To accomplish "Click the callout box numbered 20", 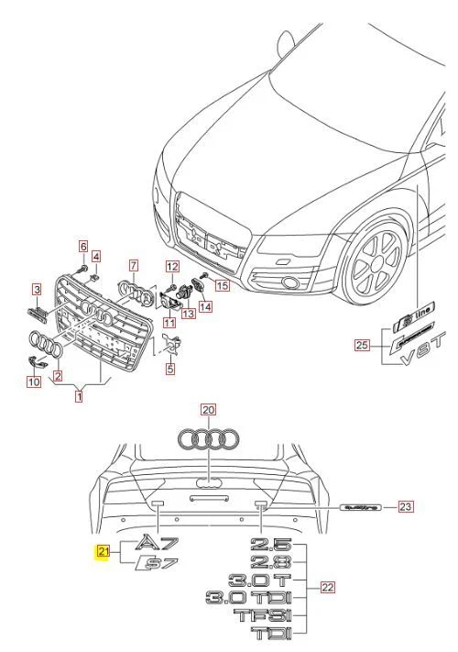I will (x=208, y=410).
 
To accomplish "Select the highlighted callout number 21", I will (x=104, y=551).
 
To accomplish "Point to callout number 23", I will (x=405, y=505).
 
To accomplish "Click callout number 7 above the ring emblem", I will (x=133, y=265).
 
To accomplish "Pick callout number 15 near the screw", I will (x=222, y=286).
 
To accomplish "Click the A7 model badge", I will (x=158, y=543).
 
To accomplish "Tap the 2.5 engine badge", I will (x=273, y=545).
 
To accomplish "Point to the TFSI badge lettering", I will (x=263, y=615).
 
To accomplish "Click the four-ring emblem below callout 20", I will (x=208, y=440).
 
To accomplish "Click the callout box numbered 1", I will (x=79, y=397).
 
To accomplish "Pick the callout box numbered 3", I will (x=38, y=291).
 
